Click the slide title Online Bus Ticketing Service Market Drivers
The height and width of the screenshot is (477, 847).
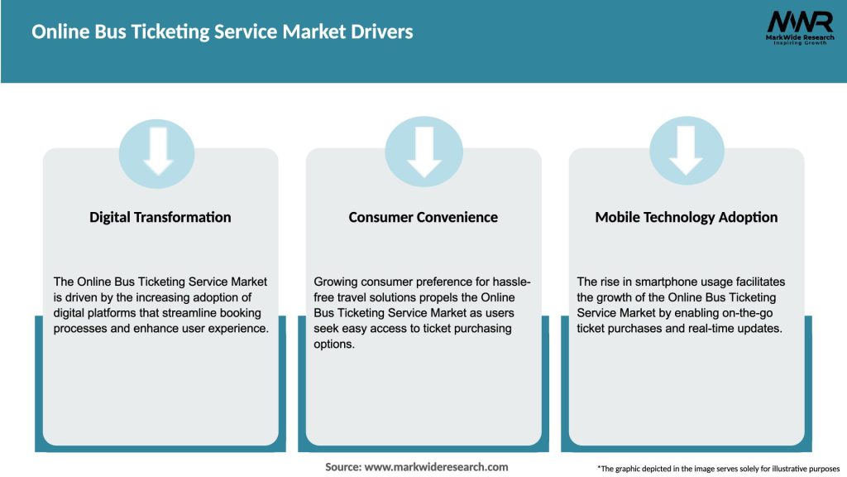223,32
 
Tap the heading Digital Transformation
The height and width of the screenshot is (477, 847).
160,217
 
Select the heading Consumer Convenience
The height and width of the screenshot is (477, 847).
423,217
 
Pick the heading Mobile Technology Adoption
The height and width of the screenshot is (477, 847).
687,217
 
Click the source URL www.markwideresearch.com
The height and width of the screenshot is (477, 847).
436,467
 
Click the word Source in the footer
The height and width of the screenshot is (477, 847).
342,467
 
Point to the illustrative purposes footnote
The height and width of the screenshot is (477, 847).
718,469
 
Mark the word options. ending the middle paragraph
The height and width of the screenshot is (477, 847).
334,344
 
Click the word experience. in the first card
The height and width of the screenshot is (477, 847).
237,329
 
